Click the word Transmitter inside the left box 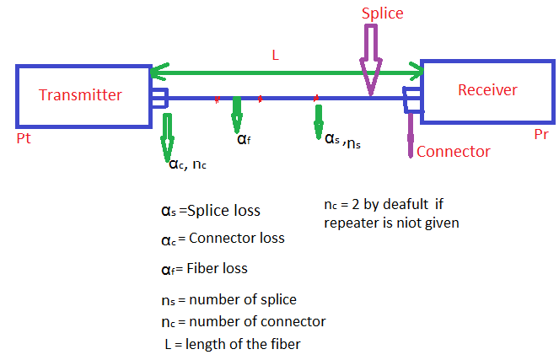[81, 95]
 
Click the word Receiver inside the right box [487, 89]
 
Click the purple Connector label [454, 152]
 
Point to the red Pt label [24, 137]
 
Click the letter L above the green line [274, 54]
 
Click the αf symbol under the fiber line [243, 138]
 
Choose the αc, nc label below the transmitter [187, 164]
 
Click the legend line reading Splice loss [211, 211]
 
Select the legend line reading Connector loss [223, 239]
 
